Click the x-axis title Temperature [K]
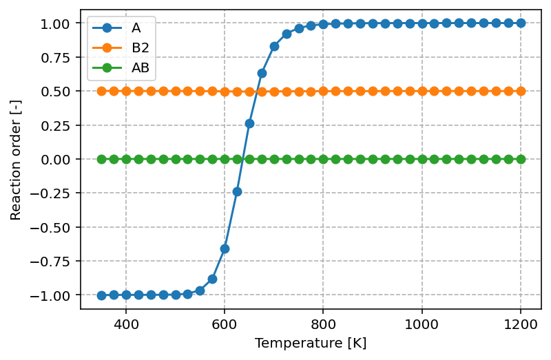[311, 343]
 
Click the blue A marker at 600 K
[225, 248]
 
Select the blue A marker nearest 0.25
[249, 123]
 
